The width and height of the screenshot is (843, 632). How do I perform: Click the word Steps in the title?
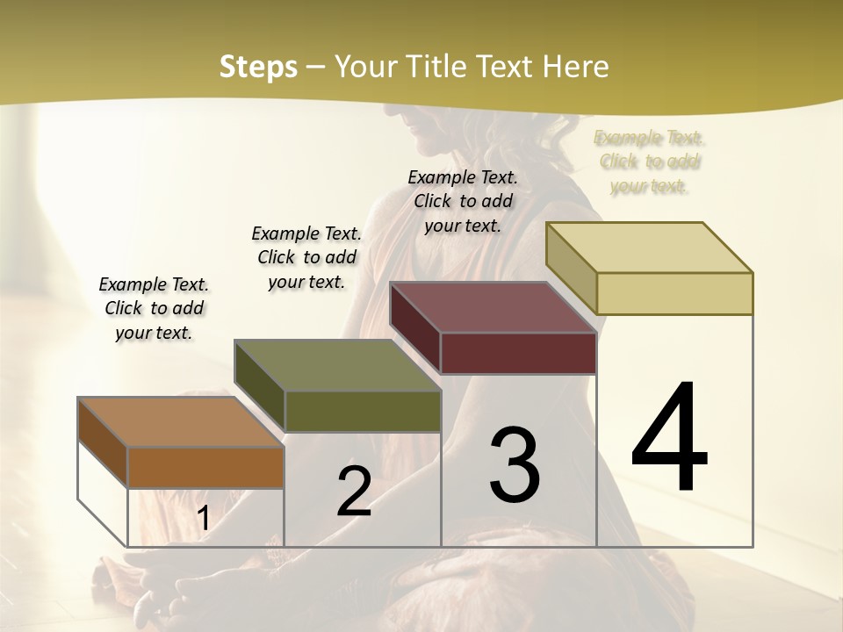(258, 67)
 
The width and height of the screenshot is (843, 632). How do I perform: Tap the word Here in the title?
(575, 67)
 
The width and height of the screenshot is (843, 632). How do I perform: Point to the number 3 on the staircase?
(515, 464)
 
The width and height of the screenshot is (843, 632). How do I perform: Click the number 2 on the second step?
(354, 492)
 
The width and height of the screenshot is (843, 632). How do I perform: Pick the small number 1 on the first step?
(204, 519)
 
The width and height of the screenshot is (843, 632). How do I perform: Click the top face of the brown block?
(180, 422)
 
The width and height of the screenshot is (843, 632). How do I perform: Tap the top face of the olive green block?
(337, 365)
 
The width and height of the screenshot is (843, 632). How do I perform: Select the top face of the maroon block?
(494, 307)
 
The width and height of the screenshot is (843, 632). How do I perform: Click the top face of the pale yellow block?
(650, 248)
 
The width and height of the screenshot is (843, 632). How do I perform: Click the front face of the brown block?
(205, 467)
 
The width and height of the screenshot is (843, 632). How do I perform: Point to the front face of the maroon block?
(518, 353)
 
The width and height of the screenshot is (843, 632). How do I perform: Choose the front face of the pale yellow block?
(674, 293)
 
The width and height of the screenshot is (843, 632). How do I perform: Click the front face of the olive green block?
(362, 411)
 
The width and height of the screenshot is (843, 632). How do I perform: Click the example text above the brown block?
(154, 308)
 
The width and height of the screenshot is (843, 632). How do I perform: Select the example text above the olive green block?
(306, 257)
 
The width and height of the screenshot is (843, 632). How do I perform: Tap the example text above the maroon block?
(463, 201)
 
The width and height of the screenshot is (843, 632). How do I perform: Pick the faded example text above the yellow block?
(650, 162)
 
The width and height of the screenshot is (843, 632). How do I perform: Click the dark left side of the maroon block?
(415, 328)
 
